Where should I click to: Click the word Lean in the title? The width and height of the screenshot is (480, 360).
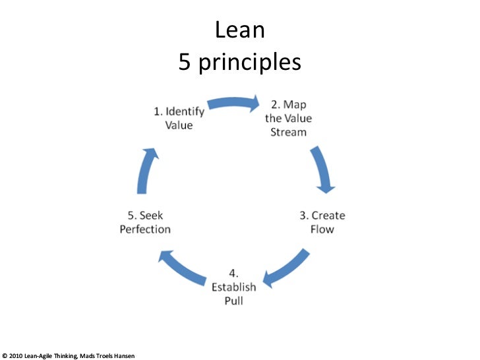pyautogui.click(x=240, y=30)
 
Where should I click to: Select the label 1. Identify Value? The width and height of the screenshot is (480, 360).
pyautogui.click(x=179, y=117)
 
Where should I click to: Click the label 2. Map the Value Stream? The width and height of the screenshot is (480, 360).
pyautogui.click(x=289, y=118)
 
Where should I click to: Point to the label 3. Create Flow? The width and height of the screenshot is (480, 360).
pyautogui.click(x=322, y=222)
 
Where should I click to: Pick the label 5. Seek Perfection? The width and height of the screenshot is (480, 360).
pyautogui.click(x=145, y=222)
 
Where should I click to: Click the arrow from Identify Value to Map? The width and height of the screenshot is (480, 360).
pyautogui.click(x=233, y=103)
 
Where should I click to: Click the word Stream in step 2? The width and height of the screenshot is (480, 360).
pyautogui.click(x=289, y=132)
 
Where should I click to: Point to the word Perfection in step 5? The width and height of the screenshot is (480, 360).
pyautogui.click(x=145, y=229)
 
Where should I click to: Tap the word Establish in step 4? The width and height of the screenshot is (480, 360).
pyautogui.click(x=234, y=286)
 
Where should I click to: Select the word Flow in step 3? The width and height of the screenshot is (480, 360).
pyautogui.click(x=322, y=229)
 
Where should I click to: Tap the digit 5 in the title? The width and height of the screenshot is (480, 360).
pyautogui.click(x=185, y=62)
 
